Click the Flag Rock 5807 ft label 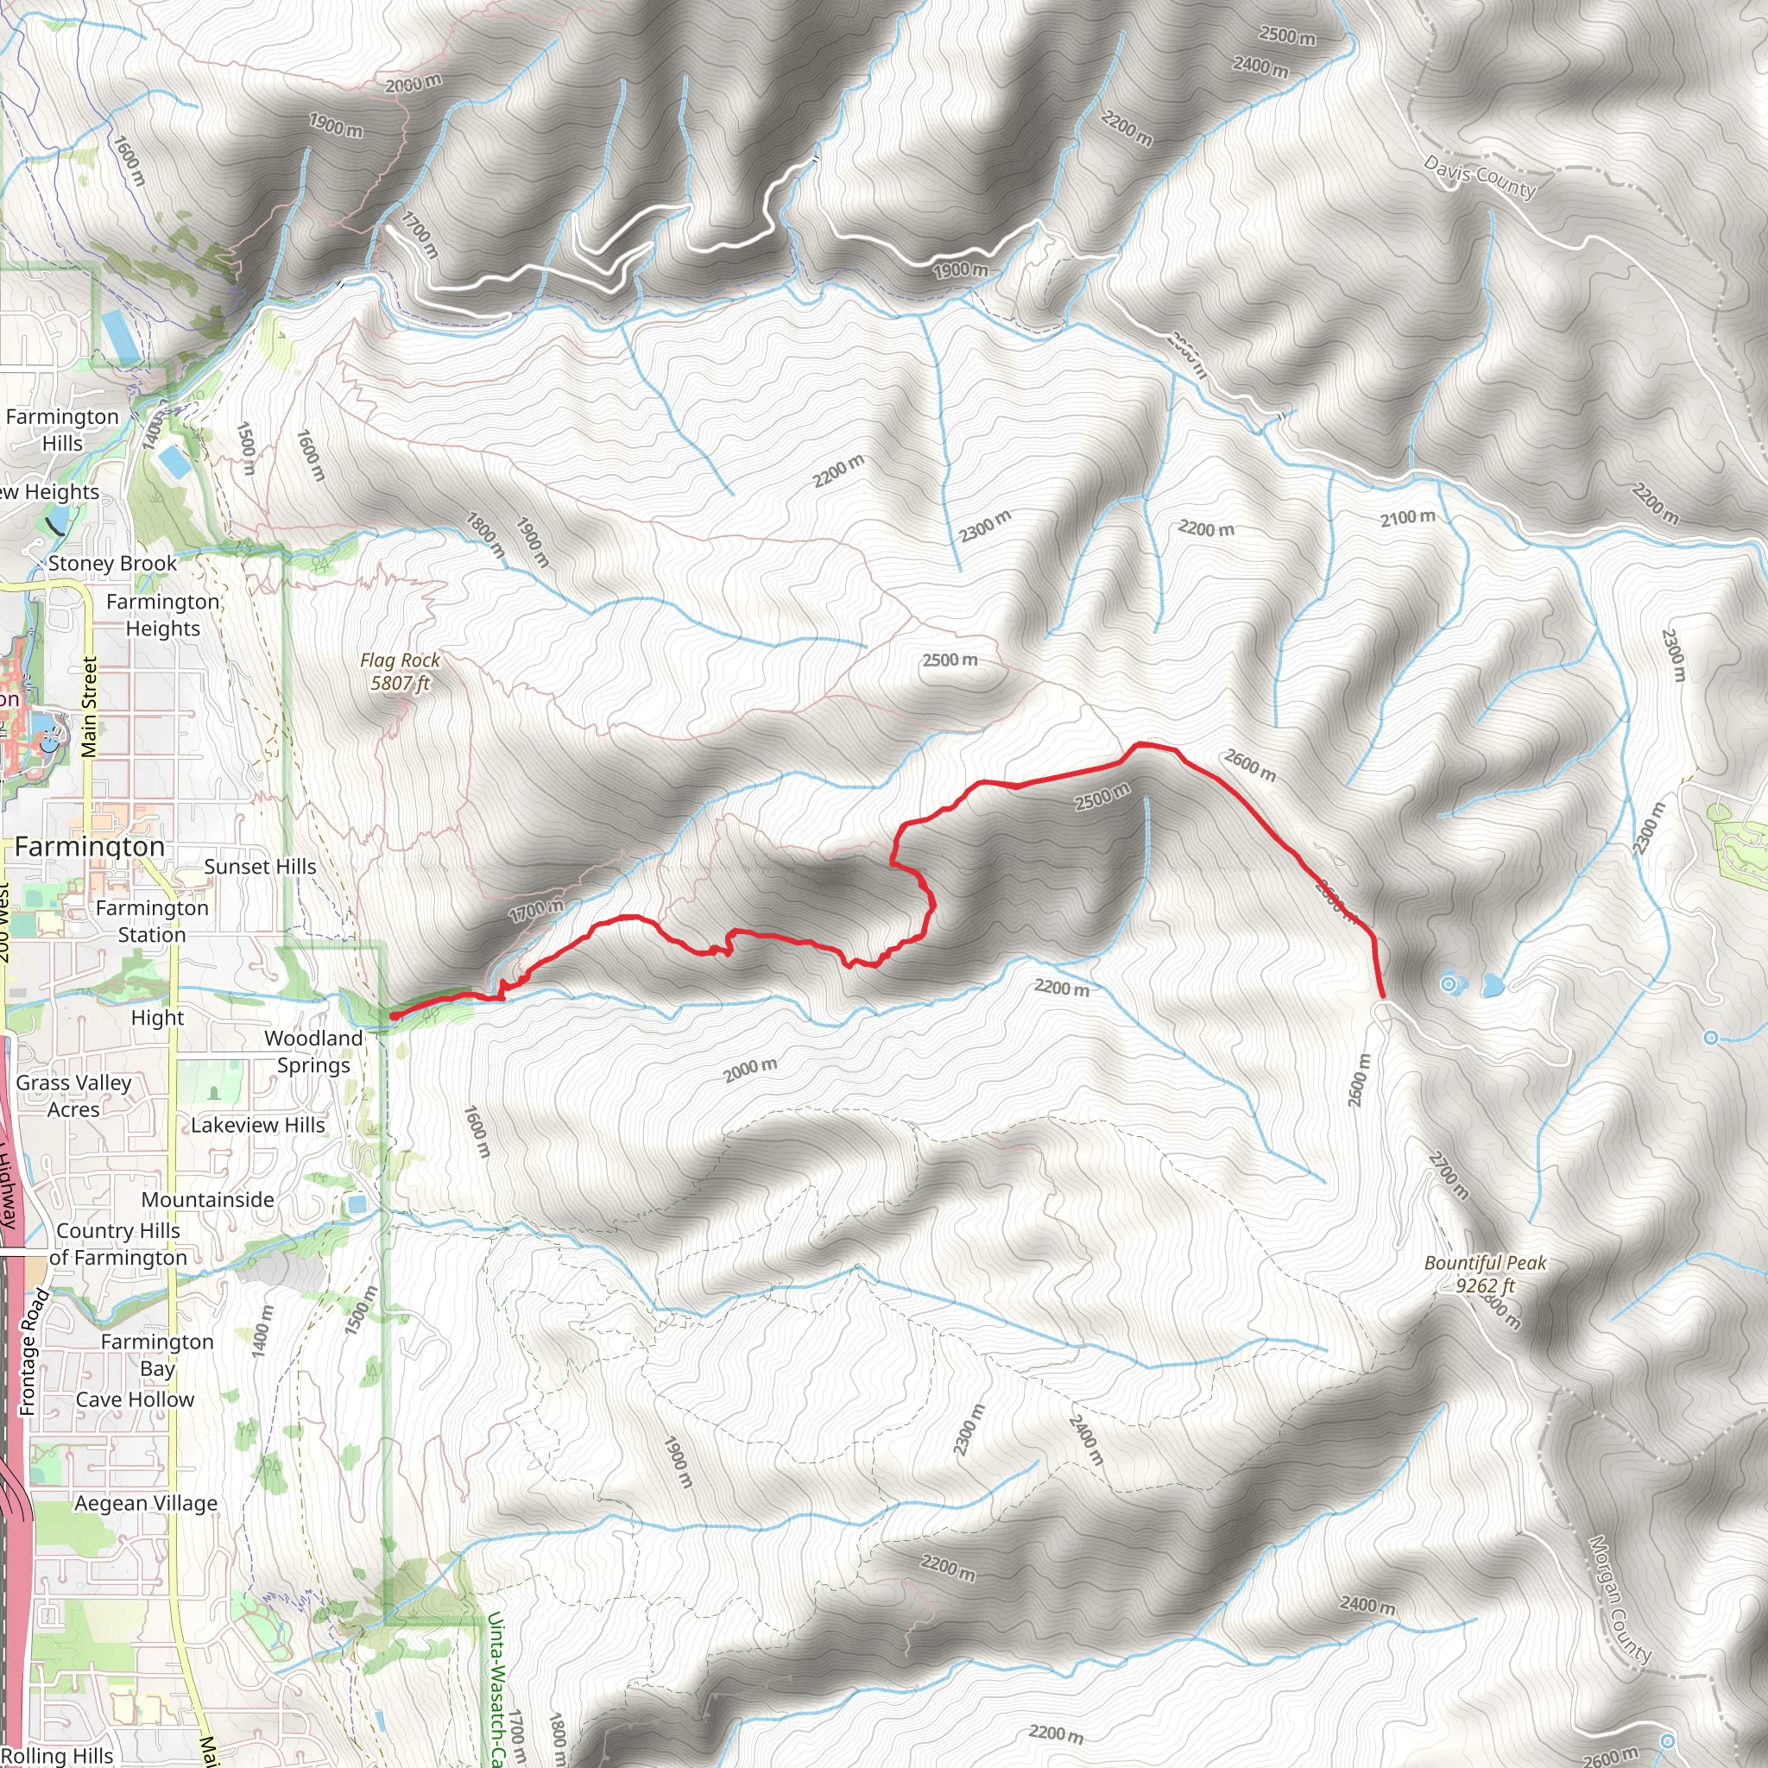400,672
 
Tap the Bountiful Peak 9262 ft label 1484,1274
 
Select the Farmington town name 90,847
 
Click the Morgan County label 1620,1599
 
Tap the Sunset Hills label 260,867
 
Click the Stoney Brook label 112,563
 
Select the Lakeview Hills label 257,1125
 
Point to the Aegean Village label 146,1503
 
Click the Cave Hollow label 135,1399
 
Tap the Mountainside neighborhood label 208,1199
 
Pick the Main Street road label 89,707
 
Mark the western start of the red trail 393,1016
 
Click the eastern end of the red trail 1383,995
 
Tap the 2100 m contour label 1407,518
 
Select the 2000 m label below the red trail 750,1069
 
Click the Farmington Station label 152,920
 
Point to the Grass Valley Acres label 74,1096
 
